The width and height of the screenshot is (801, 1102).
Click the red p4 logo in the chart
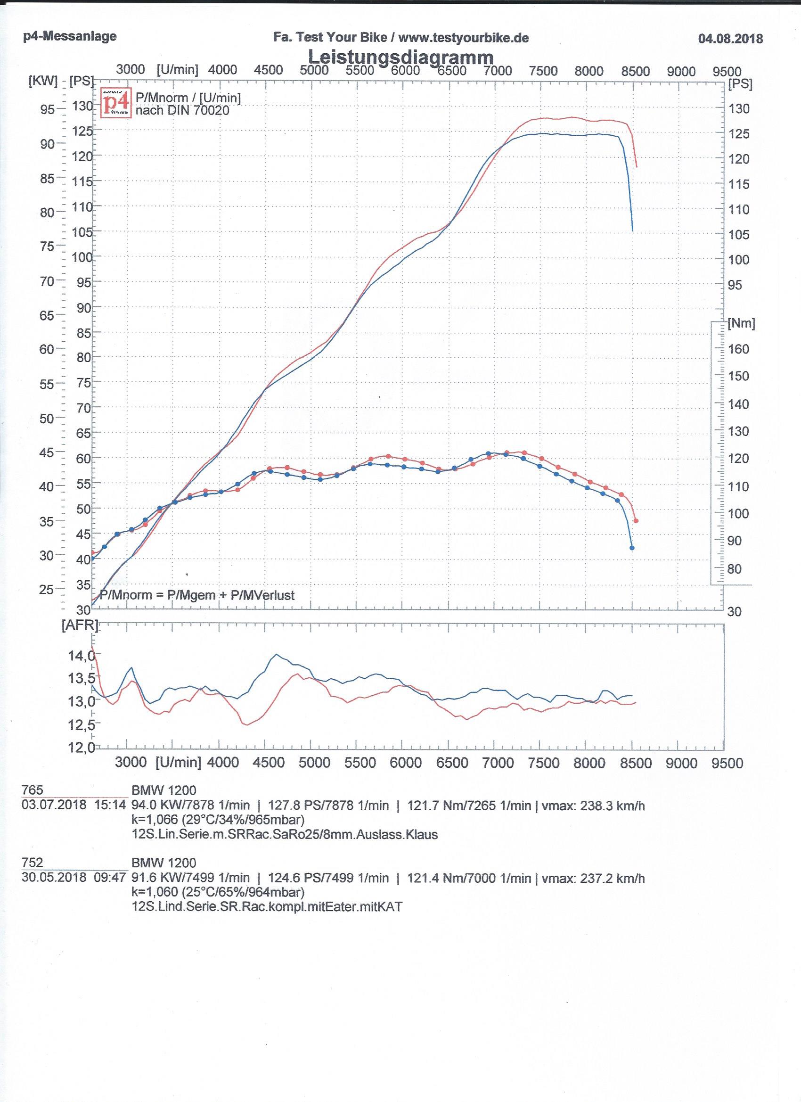point(116,103)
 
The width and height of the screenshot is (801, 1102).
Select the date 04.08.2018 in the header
point(730,38)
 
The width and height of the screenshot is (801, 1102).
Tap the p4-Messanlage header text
point(70,36)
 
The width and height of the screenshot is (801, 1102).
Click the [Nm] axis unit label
point(741,324)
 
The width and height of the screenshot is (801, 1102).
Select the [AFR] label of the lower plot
point(80,625)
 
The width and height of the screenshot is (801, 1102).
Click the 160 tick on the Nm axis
point(738,349)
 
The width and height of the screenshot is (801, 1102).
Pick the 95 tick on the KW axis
point(47,109)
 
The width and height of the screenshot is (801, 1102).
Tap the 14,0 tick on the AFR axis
point(81,656)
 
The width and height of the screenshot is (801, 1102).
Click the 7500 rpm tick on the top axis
point(543,71)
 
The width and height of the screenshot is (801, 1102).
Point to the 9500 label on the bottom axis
point(727,763)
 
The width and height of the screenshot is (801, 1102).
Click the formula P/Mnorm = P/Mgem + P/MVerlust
point(197,595)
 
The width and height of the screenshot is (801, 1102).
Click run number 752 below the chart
point(33,863)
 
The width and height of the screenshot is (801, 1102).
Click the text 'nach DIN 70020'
point(183,111)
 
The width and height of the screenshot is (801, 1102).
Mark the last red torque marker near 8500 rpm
point(636,521)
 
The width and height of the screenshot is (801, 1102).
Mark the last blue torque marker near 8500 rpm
point(632,548)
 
